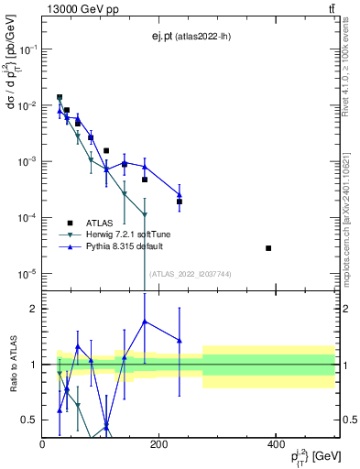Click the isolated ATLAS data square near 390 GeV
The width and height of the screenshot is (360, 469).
coord(268,248)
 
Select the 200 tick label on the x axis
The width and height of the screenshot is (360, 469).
coord(159,443)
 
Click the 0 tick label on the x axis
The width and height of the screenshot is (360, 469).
coord(43,443)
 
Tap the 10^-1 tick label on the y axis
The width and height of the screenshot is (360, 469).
coord(27,50)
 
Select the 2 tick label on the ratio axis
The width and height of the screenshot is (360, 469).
coord(33,309)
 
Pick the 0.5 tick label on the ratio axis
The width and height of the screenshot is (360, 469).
coord(29,420)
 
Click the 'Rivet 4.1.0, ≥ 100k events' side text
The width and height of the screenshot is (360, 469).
coord(351,73)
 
